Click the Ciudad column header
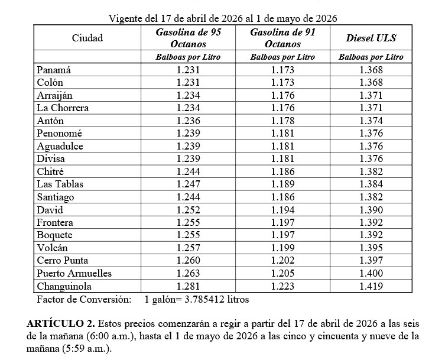(87, 38)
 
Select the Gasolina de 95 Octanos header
(188, 38)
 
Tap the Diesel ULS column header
(371, 38)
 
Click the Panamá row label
(54, 70)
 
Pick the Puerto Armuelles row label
(74, 273)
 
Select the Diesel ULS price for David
(371, 210)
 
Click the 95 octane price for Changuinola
(188, 286)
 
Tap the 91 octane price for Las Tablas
(282, 184)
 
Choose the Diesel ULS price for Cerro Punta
(371, 261)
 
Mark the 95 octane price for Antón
(188, 121)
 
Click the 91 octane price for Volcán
(282, 248)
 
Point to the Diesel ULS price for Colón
(371, 83)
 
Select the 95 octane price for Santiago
(188, 197)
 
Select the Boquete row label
(54, 235)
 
